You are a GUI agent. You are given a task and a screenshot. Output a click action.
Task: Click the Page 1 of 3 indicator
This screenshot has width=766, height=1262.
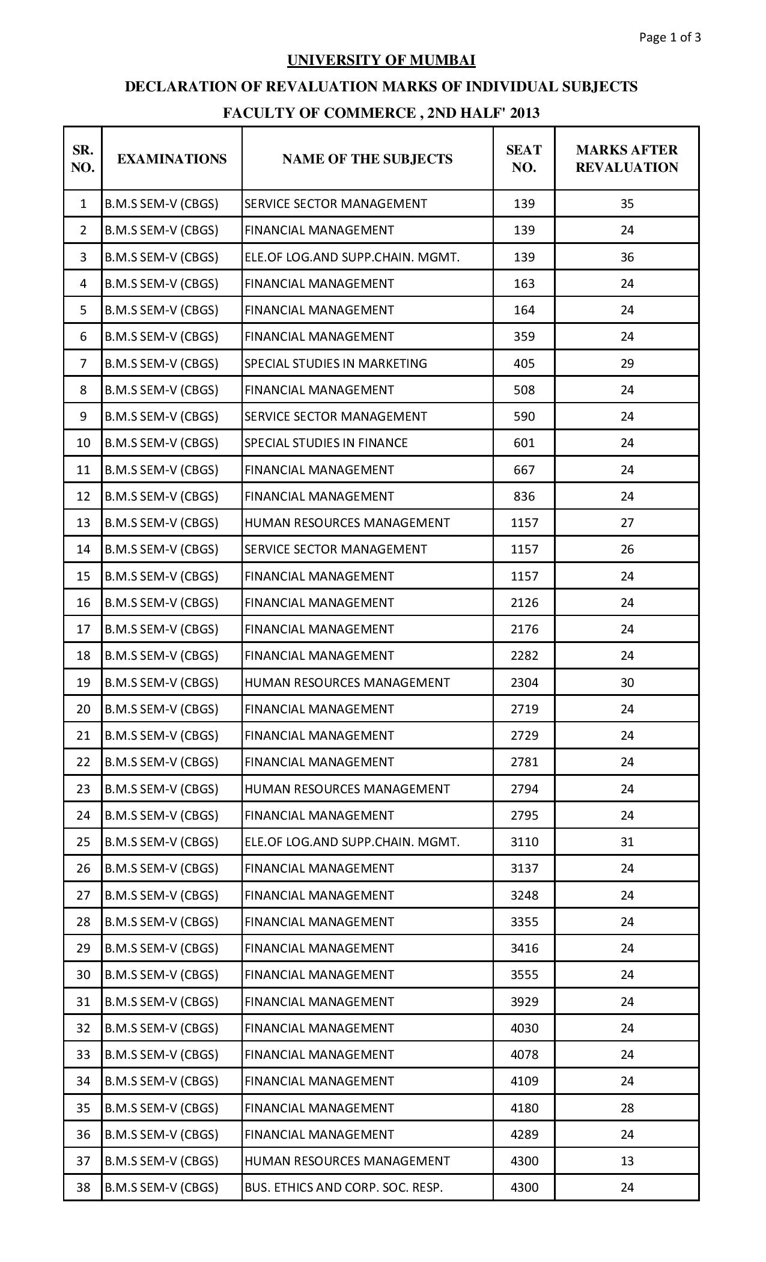tap(670, 38)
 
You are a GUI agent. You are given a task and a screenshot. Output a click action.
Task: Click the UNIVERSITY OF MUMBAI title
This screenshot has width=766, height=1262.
tap(381, 60)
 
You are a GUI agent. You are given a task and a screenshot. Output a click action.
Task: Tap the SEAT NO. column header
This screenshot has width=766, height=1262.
tap(524, 159)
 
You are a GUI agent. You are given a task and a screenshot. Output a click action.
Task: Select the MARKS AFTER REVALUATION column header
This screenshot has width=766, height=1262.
tap(627, 159)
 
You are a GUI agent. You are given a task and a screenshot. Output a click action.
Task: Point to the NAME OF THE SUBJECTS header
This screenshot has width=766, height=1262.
tap(367, 159)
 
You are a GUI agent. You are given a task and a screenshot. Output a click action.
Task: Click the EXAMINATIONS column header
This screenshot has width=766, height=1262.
tap(172, 159)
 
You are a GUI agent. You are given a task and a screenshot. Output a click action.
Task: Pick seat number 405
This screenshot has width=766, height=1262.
tap(524, 364)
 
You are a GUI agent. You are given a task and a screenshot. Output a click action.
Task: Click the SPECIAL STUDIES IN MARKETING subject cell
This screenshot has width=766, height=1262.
tap(336, 364)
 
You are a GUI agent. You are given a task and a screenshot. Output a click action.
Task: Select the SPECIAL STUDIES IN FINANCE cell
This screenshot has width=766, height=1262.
tap(326, 443)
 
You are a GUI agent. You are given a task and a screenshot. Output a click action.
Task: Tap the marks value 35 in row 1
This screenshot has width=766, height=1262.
tap(627, 204)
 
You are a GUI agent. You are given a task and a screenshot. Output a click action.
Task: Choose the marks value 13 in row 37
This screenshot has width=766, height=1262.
tap(627, 1161)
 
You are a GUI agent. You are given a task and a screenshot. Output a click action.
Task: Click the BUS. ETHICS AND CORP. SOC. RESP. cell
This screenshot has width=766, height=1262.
tap(344, 1187)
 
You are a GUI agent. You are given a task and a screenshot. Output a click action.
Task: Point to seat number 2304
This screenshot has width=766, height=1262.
tap(524, 683)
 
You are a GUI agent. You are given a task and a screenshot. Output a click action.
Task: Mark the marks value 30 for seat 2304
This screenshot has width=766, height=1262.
tap(627, 683)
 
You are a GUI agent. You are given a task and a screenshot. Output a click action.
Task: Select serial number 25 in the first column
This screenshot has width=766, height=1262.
tap(83, 842)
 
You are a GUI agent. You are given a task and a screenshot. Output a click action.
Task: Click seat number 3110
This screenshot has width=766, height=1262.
tap(524, 842)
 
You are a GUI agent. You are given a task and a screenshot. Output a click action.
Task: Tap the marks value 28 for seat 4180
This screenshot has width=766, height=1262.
tap(627, 1108)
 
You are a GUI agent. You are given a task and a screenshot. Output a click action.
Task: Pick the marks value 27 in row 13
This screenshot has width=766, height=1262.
tap(627, 523)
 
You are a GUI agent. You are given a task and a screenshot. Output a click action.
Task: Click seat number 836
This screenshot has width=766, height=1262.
tap(524, 496)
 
